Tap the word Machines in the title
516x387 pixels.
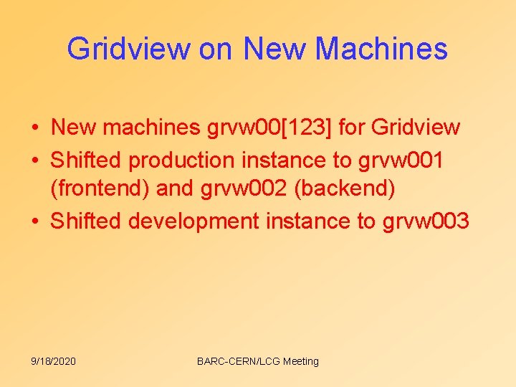click(381, 49)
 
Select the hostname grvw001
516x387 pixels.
click(401, 161)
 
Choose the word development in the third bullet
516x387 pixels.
click(193, 221)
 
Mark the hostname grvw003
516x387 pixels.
click(426, 221)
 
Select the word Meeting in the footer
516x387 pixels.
click(300, 361)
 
